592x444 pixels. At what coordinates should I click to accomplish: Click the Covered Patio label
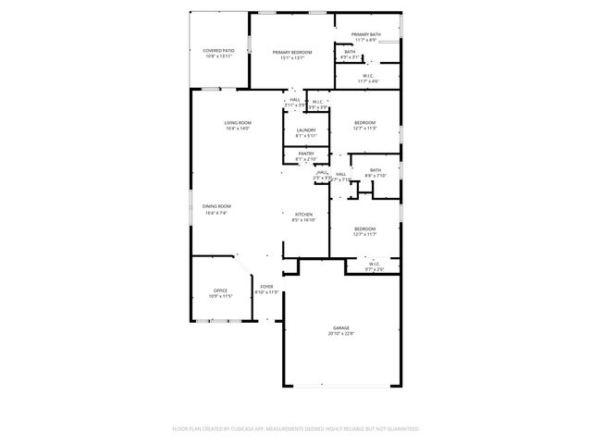coord(218,51)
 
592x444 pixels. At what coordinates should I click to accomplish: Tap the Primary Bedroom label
coord(291,53)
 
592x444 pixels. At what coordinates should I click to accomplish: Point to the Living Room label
coord(238,122)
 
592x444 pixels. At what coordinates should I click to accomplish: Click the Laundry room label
coord(306,130)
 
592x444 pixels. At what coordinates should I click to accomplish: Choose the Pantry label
coord(306,154)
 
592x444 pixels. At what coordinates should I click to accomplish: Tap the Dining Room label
coord(216,206)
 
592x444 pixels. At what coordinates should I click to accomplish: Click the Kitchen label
coord(304,214)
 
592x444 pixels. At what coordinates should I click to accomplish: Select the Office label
coord(220,290)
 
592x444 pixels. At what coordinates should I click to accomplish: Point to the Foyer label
coord(266,287)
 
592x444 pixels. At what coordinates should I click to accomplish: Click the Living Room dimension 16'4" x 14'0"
coord(238,129)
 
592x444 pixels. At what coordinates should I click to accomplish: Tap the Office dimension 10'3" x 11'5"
coord(220,296)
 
